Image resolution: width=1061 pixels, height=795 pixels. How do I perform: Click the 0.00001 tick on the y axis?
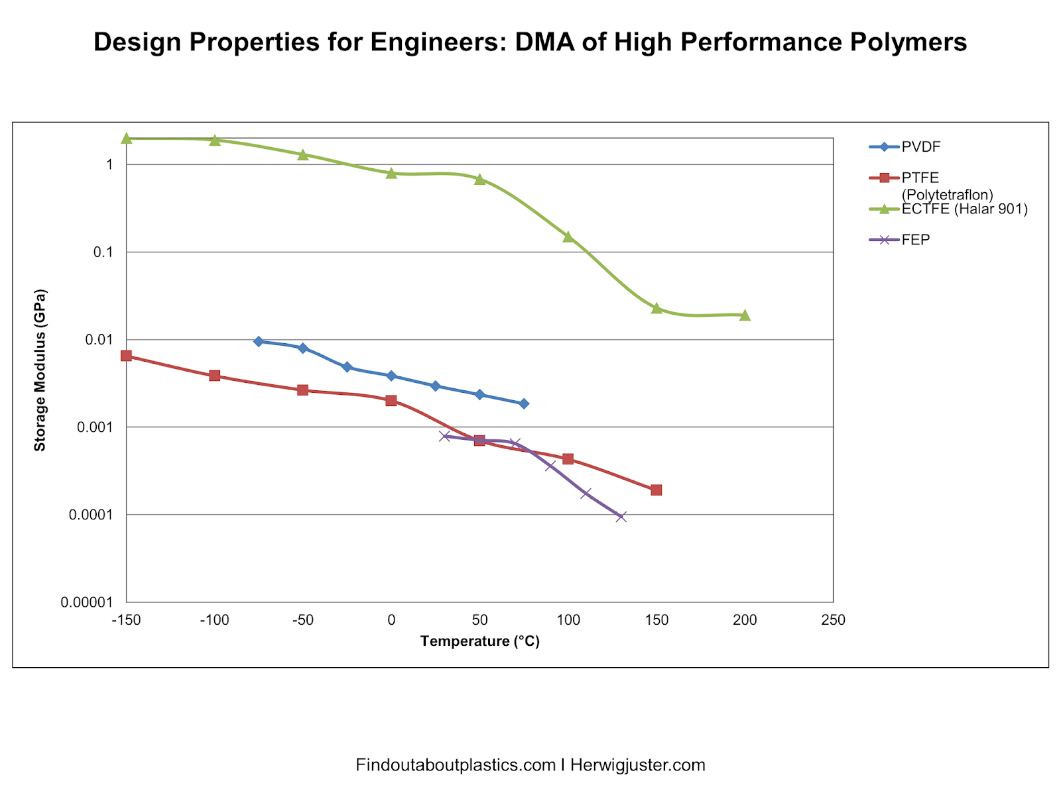[x=88, y=602]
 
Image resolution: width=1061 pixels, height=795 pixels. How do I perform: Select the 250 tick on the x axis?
[x=833, y=621]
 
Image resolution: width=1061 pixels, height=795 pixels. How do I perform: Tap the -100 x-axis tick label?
[x=214, y=621]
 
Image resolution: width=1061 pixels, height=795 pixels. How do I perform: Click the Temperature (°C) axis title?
[x=479, y=641]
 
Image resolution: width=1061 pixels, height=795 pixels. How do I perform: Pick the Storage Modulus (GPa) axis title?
[x=40, y=370]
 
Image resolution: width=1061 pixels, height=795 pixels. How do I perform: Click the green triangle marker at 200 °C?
[x=745, y=315]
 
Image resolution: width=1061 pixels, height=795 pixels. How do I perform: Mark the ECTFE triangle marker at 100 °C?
[x=568, y=237]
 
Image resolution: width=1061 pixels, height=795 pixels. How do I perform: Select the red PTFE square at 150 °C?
[x=656, y=490]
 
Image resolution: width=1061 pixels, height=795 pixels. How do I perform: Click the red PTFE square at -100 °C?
[x=214, y=376]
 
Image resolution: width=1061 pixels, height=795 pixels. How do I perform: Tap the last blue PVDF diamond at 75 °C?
[x=524, y=403]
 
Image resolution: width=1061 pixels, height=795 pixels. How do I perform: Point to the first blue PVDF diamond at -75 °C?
[x=259, y=341]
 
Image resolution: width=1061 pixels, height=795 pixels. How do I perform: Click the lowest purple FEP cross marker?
[x=621, y=517]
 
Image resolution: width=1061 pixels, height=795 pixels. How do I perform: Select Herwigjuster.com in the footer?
[x=637, y=765]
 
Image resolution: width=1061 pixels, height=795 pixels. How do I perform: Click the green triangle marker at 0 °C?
[x=391, y=174]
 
